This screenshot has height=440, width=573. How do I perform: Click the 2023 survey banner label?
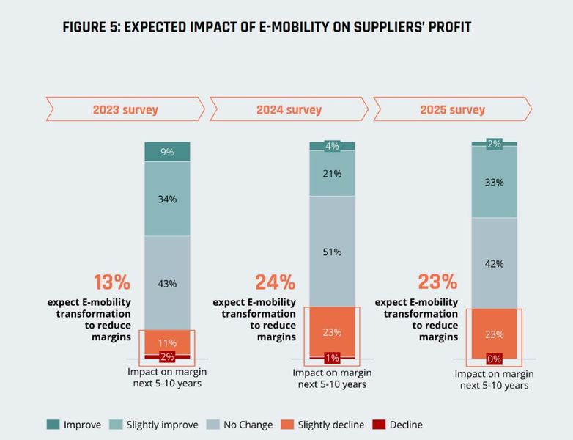pos(125,110)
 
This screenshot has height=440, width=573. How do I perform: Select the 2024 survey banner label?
pos(289,110)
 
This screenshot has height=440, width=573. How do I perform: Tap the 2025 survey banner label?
pos(452,110)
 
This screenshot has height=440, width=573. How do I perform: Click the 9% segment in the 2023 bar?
pos(167,152)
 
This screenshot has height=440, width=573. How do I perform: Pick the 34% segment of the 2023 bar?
pos(167,199)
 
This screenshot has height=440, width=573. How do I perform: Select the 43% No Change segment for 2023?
pos(167,283)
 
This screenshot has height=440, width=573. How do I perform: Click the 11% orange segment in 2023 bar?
pos(167,342)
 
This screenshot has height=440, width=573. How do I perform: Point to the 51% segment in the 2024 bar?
pos(332,252)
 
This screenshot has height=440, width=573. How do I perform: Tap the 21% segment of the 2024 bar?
pos(332,173)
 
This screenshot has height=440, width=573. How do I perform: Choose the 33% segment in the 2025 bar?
pos(495,182)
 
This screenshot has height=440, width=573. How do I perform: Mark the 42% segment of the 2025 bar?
pos(495,263)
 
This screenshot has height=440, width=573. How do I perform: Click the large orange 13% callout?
pos(111,282)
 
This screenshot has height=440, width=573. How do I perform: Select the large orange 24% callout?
pos(275,282)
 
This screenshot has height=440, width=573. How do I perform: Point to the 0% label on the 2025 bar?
pos(495,359)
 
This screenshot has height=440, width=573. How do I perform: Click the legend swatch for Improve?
pos(52,425)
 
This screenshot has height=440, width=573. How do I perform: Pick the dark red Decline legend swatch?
pos(380,425)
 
